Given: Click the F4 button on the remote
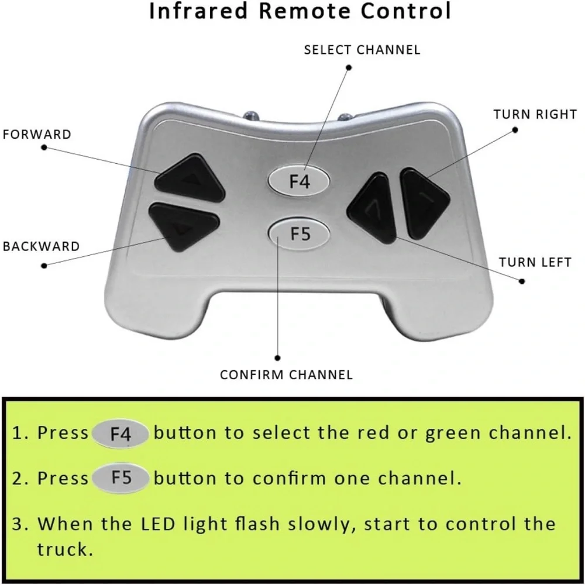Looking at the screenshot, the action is (299, 181).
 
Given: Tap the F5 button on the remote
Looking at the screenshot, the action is (299, 234).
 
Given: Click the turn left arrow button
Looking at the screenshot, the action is (371, 208).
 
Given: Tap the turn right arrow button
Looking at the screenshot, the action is (424, 202).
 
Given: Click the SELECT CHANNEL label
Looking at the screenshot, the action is (362, 50).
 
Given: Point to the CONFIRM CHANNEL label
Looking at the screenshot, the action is (286, 374).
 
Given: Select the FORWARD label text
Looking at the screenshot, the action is (37, 135).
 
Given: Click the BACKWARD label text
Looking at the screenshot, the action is (41, 246).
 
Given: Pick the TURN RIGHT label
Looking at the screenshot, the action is (535, 114).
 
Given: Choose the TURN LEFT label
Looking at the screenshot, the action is (535, 262).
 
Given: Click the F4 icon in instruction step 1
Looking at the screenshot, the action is (121, 433).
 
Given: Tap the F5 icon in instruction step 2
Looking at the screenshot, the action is (121, 478).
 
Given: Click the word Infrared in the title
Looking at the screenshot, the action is (198, 11).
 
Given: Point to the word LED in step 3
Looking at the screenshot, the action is (158, 524).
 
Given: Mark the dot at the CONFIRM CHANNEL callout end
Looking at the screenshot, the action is (277, 358).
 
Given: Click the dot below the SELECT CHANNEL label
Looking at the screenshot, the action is (349, 67).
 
